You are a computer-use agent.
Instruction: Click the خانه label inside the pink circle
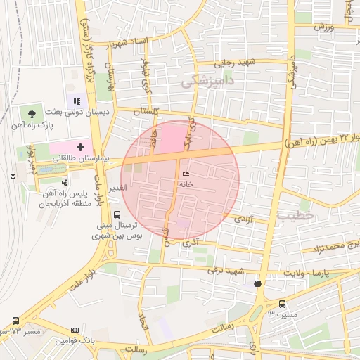(x=186, y=184)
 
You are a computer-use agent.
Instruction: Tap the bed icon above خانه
(x=186, y=174)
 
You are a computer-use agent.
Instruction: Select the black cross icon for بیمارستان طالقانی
(x=81, y=148)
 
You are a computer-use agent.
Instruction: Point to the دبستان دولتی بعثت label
(x=74, y=112)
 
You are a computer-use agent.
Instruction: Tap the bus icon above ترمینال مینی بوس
(x=116, y=215)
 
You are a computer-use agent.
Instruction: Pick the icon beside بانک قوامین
(x=75, y=330)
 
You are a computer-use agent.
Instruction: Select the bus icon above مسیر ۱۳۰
(x=282, y=304)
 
